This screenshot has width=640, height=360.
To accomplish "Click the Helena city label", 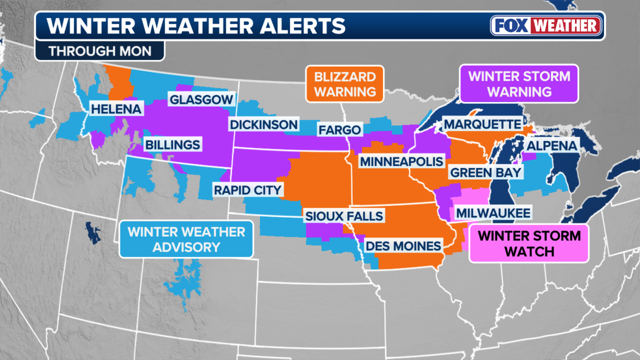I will click(x=116, y=109).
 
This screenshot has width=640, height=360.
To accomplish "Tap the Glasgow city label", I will click(x=201, y=99).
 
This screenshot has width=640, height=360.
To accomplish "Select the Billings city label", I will click(x=173, y=145).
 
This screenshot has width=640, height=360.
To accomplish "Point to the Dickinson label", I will click(x=264, y=125).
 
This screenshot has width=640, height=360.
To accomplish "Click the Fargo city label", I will click(x=340, y=130).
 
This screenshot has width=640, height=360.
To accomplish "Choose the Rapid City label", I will click(x=248, y=190).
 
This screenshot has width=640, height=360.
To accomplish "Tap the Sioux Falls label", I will click(x=344, y=216).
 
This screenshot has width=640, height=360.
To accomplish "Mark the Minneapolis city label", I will click(x=402, y=162).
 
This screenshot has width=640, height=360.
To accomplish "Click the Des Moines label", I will click(x=403, y=246).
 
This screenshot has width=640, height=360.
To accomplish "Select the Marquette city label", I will click(x=482, y=124).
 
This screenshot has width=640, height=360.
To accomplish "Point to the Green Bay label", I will click(x=485, y=173).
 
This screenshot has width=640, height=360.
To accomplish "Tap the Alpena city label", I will click(x=552, y=146).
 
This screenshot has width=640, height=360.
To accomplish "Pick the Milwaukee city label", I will click(x=493, y=213).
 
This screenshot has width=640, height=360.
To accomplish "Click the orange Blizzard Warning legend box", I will click(x=345, y=84).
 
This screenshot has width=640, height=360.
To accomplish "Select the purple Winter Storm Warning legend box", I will click(x=519, y=84).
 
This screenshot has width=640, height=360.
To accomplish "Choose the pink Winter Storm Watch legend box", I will click(x=529, y=243).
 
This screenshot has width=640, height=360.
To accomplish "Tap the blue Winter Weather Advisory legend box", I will click(x=186, y=239).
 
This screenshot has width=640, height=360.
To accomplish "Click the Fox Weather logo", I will click(x=546, y=26).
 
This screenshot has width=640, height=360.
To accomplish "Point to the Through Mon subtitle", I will click(x=100, y=51).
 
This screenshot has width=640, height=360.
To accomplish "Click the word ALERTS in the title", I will click(x=303, y=26).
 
